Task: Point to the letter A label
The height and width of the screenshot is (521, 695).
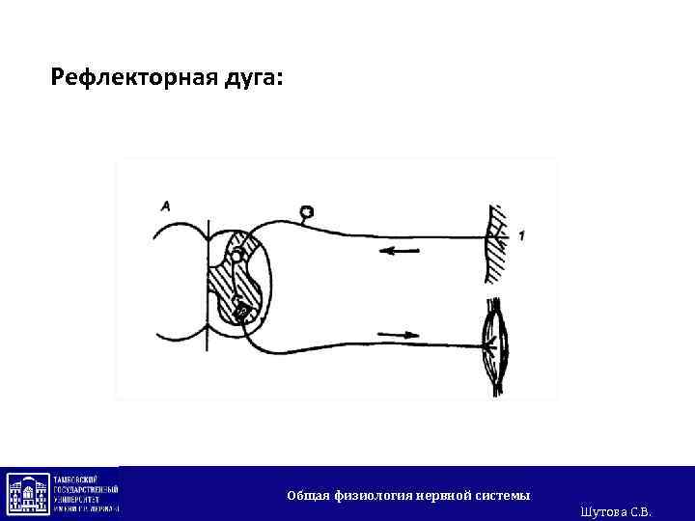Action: pos(167,206)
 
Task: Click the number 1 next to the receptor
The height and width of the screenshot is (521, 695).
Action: pos(521,235)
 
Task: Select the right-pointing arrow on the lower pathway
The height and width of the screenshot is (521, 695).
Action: pos(400,335)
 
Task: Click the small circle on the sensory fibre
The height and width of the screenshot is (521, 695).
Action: pos(306,211)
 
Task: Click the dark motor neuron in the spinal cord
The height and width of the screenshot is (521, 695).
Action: pos(242,312)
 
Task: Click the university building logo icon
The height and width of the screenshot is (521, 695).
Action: pos(28,493)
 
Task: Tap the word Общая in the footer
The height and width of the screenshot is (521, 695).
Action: pos(309,496)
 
